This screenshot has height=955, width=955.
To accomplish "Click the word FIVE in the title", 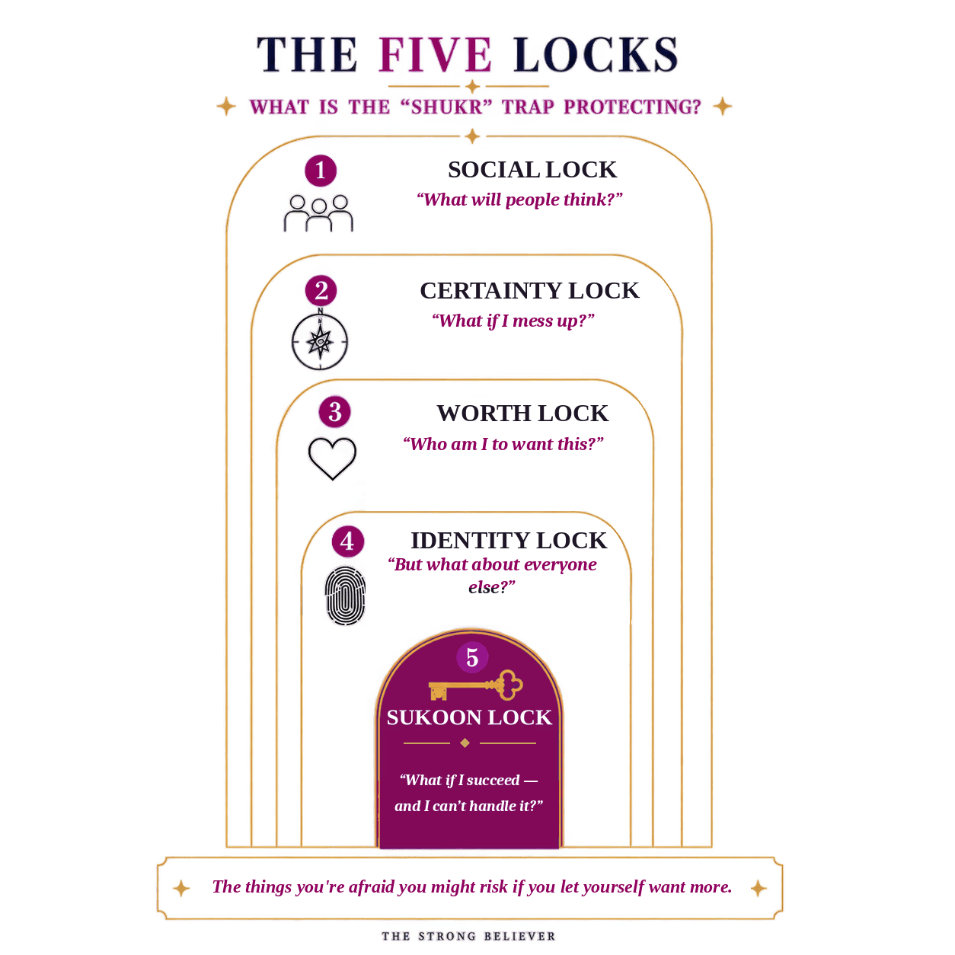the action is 435,55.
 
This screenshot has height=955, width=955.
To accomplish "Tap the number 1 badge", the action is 321,171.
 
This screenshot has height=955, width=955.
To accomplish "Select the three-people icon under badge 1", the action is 318,213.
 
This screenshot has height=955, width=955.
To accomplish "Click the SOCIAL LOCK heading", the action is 532,170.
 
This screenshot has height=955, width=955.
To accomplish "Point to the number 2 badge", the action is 321,290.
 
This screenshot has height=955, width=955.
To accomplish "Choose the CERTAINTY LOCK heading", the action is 529,290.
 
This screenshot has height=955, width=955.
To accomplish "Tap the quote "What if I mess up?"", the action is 513,321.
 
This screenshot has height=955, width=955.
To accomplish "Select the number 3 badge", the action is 334,412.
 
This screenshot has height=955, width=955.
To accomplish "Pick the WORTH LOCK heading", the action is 522,414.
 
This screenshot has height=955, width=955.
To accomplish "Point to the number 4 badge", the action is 347,541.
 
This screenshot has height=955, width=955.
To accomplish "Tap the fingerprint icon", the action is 345,596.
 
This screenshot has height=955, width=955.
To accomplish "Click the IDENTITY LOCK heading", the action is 509,540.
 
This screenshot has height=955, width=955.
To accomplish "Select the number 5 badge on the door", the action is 472,657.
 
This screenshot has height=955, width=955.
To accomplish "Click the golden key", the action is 475,685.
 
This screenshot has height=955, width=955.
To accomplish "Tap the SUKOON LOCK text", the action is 469,717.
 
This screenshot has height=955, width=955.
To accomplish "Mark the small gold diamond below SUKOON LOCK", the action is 465,743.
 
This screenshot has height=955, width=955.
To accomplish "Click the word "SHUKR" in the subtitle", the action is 446,107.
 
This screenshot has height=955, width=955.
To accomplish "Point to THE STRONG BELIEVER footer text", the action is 468,936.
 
